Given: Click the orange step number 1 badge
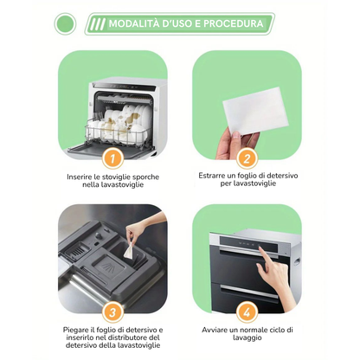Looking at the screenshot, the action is [x=112, y=158].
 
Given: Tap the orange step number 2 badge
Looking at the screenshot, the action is [x=247, y=158].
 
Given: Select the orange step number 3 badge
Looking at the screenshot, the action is [x=112, y=312].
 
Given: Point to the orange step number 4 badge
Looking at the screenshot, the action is [x=247, y=312].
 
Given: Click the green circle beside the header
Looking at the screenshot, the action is [x=65, y=24].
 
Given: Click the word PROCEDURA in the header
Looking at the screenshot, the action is [x=234, y=23].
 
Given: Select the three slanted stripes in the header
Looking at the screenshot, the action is [x=97, y=24].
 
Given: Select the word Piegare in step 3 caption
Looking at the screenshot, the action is [x=74, y=330].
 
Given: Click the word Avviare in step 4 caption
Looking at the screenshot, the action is [x=212, y=330].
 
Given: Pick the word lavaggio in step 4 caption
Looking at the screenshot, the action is [x=247, y=338].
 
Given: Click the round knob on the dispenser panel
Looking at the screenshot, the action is [x=99, y=236].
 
